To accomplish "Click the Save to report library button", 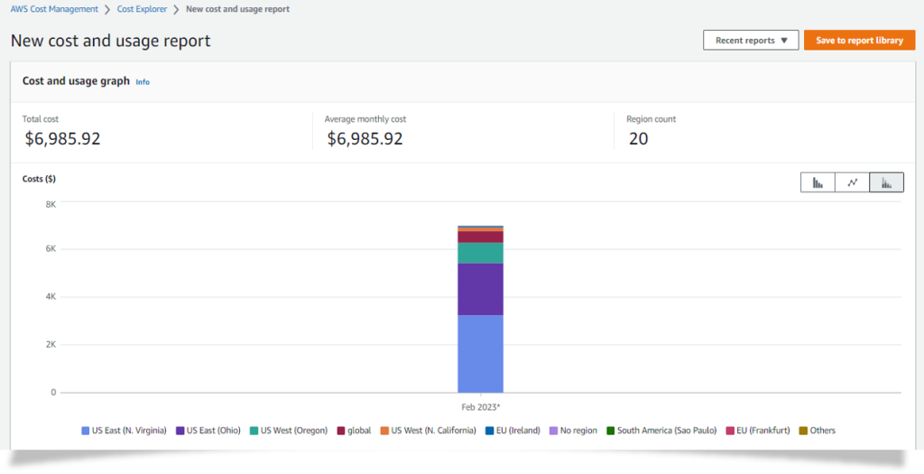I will [x=859, y=41].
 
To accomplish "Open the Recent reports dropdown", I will [x=751, y=41].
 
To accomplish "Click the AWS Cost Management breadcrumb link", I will [x=55, y=9].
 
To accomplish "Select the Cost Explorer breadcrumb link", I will [x=143, y=9].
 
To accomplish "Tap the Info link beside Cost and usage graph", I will [x=143, y=82].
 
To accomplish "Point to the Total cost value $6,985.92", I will [x=61, y=139].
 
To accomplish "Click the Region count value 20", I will [x=638, y=139].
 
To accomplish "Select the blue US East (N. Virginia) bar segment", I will [x=480, y=353].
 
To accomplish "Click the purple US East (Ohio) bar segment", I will [x=480, y=289].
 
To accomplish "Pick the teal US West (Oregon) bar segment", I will [x=480, y=253].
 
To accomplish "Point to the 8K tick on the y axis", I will [x=51, y=205].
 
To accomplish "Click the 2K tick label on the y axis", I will [x=51, y=345].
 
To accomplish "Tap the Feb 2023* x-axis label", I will [x=480, y=408].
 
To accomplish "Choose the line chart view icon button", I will [x=852, y=182].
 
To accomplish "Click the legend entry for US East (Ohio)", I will [x=208, y=431].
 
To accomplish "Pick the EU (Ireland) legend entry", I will [x=512, y=431].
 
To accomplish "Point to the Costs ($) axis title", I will [x=39, y=179].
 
